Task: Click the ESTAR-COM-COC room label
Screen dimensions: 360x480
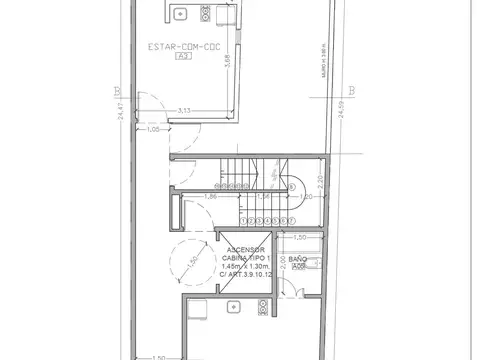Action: coord(182,47)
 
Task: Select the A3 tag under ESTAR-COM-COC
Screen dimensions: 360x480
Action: coord(182,57)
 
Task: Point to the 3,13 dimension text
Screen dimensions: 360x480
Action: coord(185,110)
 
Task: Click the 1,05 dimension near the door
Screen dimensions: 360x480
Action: coord(153,129)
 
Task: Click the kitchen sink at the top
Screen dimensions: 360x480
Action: coord(180,13)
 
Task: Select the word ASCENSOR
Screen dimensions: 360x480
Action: coord(244,249)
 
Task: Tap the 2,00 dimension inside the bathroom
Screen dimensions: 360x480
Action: coord(283,263)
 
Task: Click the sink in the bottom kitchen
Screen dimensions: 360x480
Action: coord(199,309)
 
